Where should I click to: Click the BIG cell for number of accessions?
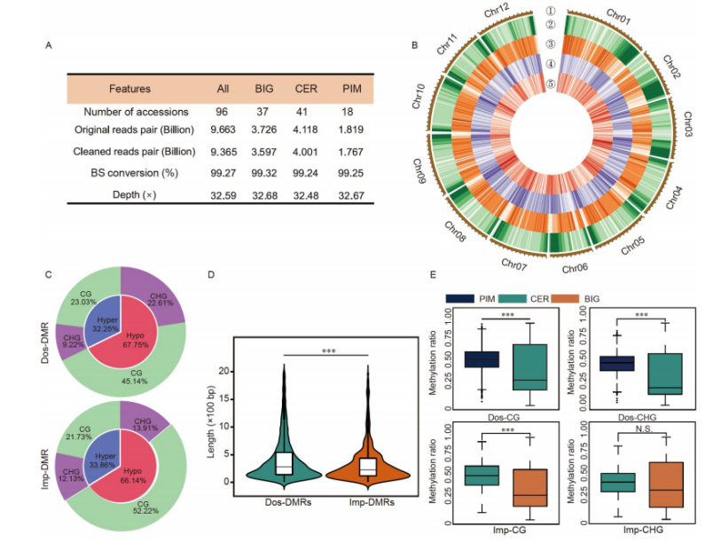(265, 112)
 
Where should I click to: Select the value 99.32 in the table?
(265, 174)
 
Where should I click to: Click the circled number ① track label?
(551, 12)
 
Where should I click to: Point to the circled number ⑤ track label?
(551, 85)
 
